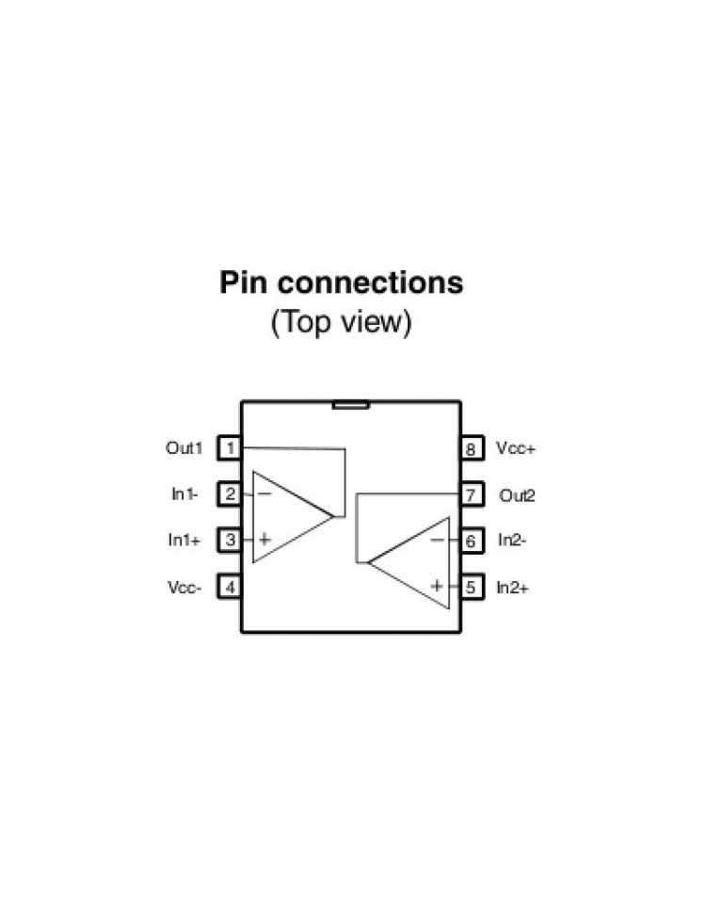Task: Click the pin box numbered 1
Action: pyautogui.click(x=230, y=447)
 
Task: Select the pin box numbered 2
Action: pyautogui.click(x=230, y=494)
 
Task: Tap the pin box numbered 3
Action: pyautogui.click(x=230, y=540)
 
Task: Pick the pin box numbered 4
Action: pyautogui.click(x=230, y=587)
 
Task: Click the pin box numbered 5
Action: pyautogui.click(x=472, y=587)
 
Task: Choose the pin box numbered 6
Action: pyautogui.click(x=472, y=541)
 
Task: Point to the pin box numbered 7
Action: pyautogui.click(x=472, y=494)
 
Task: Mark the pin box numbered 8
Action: pyautogui.click(x=472, y=448)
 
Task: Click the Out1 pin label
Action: pyautogui.click(x=185, y=447)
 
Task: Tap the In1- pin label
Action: pyautogui.click(x=185, y=494)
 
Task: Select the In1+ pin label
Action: pyautogui.click(x=185, y=540)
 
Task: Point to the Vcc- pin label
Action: pyautogui.click(x=185, y=588)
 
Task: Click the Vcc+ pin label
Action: pyautogui.click(x=516, y=448)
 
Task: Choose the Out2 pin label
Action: pyautogui.click(x=517, y=495)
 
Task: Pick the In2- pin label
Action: pyautogui.click(x=512, y=541)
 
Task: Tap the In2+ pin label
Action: pyautogui.click(x=512, y=588)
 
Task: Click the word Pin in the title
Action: pyautogui.click(x=244, y=283)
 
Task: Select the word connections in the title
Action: pyautogui.click(x=370, y=283)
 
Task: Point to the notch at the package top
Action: pyautogui.click(x=351, y=405)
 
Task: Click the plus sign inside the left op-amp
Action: pyautogui.click(x=265, y=540)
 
